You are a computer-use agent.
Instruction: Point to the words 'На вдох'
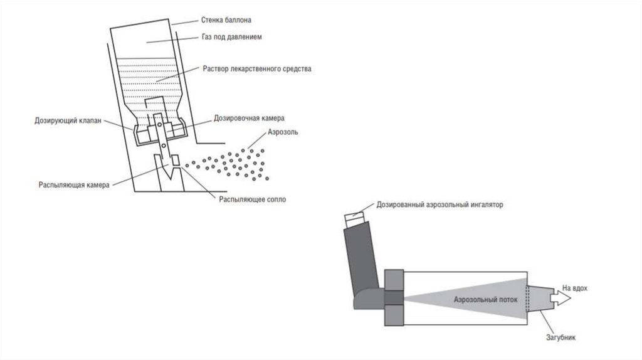(575, 287)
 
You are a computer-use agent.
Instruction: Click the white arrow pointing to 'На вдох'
(559, 299)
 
